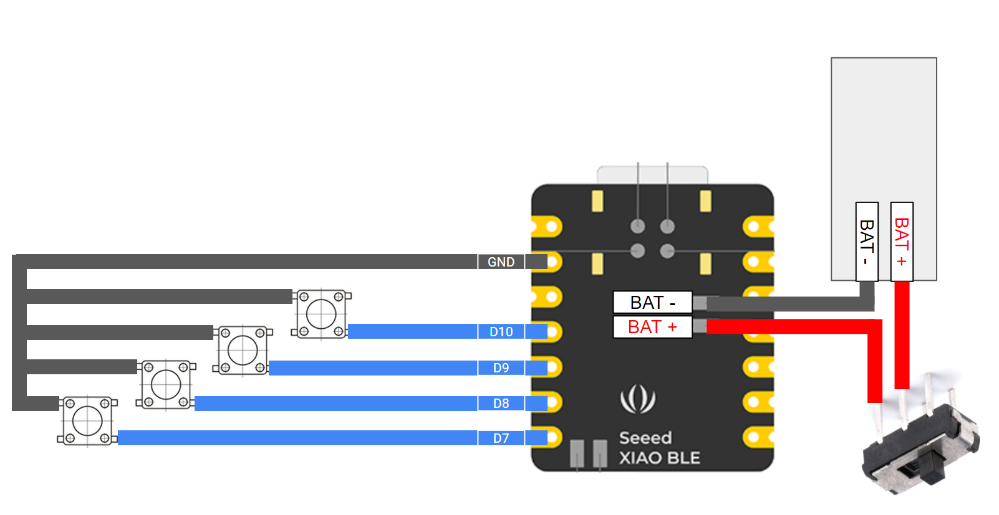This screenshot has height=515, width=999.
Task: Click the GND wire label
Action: click(x=501, y=262)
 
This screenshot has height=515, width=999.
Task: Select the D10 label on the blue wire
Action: click(x=501, y=331)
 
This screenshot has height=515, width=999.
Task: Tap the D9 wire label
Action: click(x=501, y=367)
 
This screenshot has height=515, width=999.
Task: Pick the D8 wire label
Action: click(x=501, y=403)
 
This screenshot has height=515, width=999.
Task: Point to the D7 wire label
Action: click(x=501, y=438)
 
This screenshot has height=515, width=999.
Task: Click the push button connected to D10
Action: click(x=321, y=314)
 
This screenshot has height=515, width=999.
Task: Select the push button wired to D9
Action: click(x=243, y=350)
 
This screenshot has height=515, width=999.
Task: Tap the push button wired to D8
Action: click(x=166, y=384)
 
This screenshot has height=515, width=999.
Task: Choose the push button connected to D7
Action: click(x=87, y=421)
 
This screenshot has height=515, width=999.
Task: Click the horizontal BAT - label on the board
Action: click(x=652, y=303)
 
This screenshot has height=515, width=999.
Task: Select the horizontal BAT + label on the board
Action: click(x=652, y=327)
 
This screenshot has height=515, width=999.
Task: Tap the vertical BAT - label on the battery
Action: click(x=867, y=242)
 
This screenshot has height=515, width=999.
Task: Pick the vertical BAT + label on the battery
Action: click(x=902, y=242)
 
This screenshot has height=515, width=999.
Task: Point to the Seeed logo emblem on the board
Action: click(x=637, y=399)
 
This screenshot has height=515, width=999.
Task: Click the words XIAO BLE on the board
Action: click(x=659, y=458)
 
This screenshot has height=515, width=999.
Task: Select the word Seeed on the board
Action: click(x=645, y=438)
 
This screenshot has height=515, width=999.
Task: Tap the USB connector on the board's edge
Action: click(x=652, y=174)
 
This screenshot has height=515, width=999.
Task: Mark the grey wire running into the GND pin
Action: click(x=249, y=262)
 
